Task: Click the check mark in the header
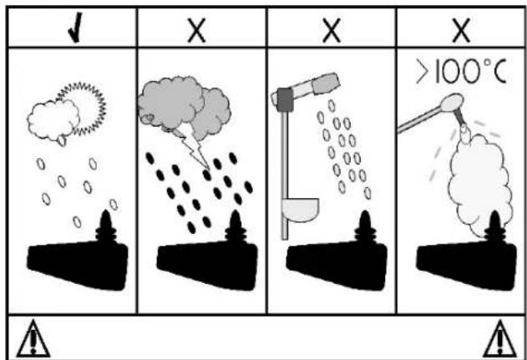coord(76,28)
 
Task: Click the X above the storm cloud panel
coord(197,31)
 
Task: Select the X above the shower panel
coord(332,31)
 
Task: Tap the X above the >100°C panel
coord(462,31)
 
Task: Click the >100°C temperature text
coord(461,71)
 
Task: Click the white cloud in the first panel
coord(53,120)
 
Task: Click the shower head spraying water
coord(326,83)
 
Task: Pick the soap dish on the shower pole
coord(301,210)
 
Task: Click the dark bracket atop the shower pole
coord(286,99)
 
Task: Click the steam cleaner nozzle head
coord(452,103)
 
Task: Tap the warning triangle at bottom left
coord(33,339)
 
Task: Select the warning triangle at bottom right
coord(499,339)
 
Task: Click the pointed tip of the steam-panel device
coord(495,212)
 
